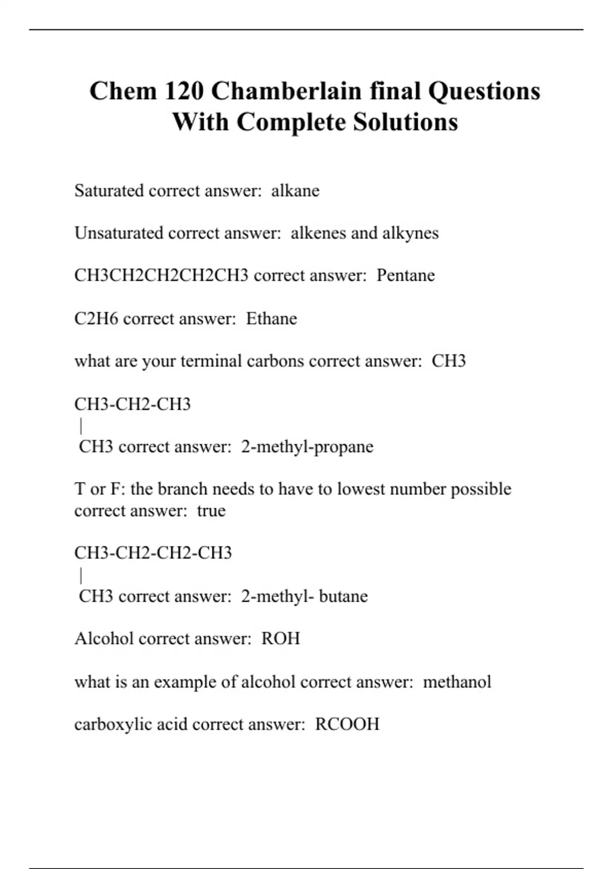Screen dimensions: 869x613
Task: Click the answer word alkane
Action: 295,191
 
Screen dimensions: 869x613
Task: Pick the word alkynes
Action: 410,233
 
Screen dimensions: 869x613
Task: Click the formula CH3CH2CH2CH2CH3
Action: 161,276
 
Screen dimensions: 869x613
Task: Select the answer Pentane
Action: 406,276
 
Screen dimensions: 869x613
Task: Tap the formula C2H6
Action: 97,318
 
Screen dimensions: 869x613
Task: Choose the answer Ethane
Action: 271,318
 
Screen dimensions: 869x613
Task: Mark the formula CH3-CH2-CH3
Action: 132,404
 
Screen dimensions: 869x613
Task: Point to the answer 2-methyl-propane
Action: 307,447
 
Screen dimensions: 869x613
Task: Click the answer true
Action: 211,511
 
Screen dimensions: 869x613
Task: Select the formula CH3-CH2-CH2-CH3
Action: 153,553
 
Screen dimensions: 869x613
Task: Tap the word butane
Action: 343,596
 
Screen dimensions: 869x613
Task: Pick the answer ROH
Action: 280,638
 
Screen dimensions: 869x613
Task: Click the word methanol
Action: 457,681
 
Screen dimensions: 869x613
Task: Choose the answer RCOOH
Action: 347,724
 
